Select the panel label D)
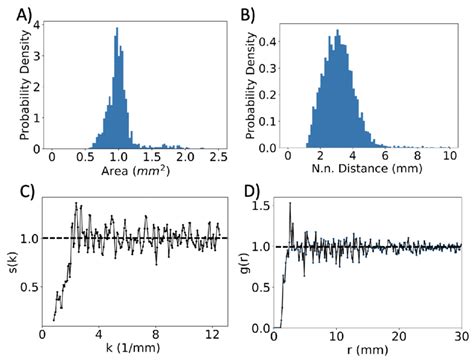[249, 191]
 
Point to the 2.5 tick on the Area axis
[216, 158]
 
